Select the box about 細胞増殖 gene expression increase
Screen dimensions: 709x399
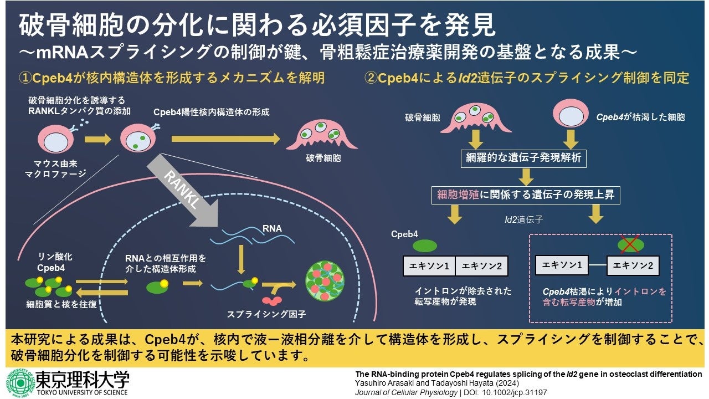[526, 195]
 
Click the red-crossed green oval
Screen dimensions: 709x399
[631, 243]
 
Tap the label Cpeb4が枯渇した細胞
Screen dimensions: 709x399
[640, 117]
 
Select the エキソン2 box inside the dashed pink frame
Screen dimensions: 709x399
[633, 266]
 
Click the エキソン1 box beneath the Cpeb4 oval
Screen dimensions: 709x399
[429, 266]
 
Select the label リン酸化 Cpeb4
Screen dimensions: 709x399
[50, 263]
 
